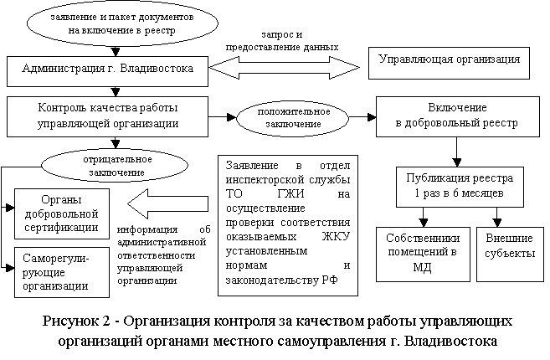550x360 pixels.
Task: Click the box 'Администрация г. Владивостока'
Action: pyautogui.click(x=106, y=69)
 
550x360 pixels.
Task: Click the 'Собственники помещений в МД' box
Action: pyautogui.click(x=422, y=251)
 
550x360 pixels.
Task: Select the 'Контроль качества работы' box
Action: pyautogui.click(x=108, y=116)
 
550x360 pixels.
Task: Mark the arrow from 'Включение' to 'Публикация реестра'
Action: pyautogui.click(x=456, y=149)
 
